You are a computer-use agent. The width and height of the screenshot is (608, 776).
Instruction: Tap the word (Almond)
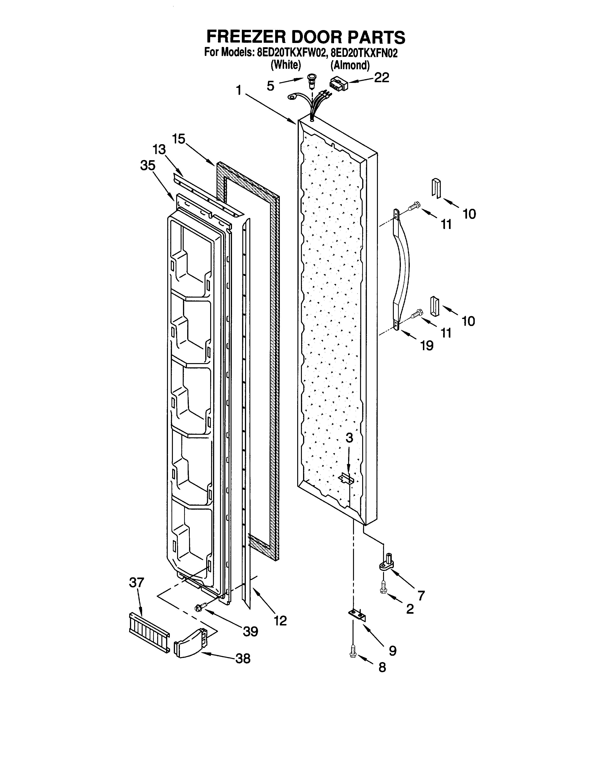[x=350, y=65]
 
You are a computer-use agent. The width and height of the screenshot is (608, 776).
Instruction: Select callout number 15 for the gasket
[x=179, y=139]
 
